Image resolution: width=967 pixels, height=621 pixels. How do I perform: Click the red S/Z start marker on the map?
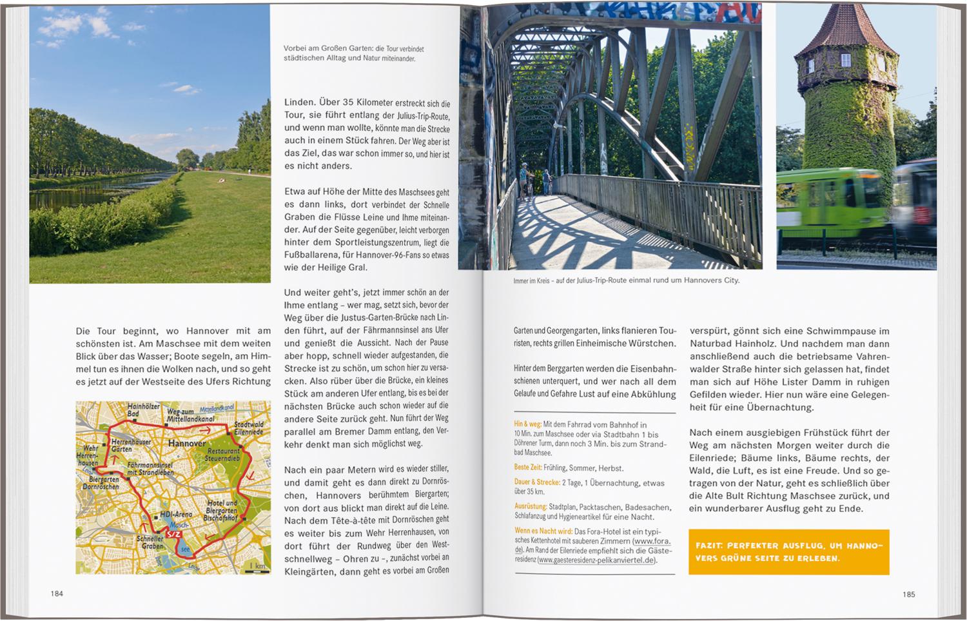click(x=173, y=534)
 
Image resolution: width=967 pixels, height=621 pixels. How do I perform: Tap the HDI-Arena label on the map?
click(x=176, y=514)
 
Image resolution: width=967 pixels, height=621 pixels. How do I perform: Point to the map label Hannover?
click(x=187, y=444)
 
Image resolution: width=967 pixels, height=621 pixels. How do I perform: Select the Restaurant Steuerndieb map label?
click(x=223, y=455)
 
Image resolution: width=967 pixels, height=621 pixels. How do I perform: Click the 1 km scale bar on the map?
click(x=258, y=567)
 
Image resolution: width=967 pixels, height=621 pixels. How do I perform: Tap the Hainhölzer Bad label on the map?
click(x=143, y=409)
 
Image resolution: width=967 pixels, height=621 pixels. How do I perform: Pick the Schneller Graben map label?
click(x=150, y=542)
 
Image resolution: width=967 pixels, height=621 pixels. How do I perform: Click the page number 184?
click(x=57, y=593)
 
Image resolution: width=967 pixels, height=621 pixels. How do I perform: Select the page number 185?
click(x=908, y=594)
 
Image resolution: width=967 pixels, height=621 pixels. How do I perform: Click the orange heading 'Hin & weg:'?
click(x=527, y=424)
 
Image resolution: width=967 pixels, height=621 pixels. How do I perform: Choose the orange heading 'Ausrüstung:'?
click(x=531, y=507)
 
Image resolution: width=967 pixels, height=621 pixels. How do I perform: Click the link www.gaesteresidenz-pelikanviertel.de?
click(x=596, y=560)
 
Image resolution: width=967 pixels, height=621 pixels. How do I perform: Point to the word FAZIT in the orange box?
click(x=708, y=546)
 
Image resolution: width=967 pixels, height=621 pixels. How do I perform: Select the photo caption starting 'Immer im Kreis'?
click(x=626, y=281)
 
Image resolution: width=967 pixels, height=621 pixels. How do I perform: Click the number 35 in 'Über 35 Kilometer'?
click(x=348, y=102)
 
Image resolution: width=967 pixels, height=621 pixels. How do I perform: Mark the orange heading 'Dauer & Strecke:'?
click(x=537, y=482)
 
